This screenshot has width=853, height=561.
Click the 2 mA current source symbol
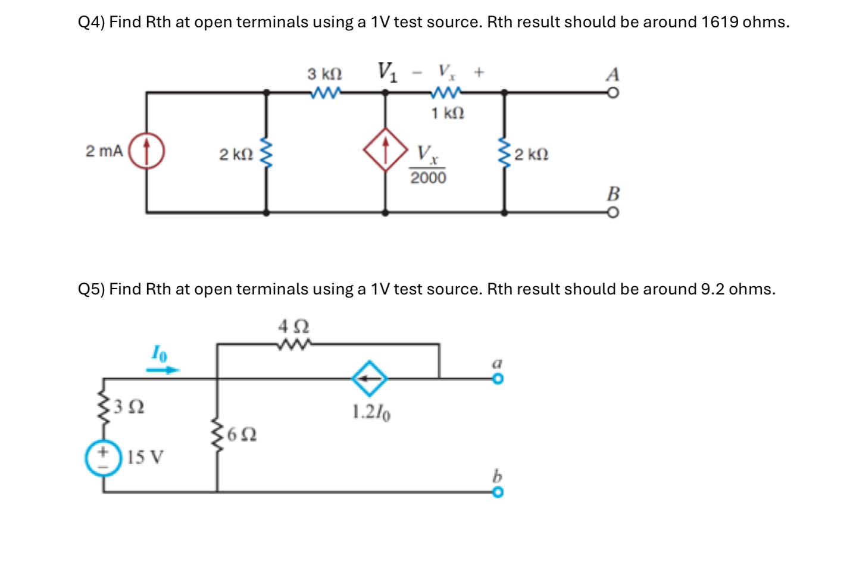pyautogui.click(x=146, y=151)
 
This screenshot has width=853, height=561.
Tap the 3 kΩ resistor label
pyautogui.click(x=324, y=74)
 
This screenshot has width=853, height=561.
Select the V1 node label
pyautogui.click(x=387, y=71)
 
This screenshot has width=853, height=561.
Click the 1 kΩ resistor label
pyautogui.click(x=448, y=113)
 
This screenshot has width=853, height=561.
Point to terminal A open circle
pyautogui.click(x=613, y=93)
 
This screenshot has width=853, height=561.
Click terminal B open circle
pyautogui.click(x=613, y=213)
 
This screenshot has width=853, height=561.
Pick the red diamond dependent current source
pyautogui.click(x=386, y=149)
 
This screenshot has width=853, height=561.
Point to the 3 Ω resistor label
pyautogui.click(x=129, y=407)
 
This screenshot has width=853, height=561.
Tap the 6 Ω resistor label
pyautogui.click(x=242, y=435)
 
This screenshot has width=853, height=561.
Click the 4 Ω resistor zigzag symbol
pyautogui.click(x=294, y=344)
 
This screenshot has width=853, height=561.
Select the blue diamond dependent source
pyautogui.click(x=369, y=378)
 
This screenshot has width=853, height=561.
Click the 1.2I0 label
pyautogui.click(x=371, y=412)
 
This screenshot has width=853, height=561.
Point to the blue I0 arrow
pyautogui.click(x=163, y=369)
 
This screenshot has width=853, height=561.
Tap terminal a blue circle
pyautogui.click(x=498, y=379)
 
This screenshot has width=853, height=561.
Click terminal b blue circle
pyautogui.click(x=498, y=492)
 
